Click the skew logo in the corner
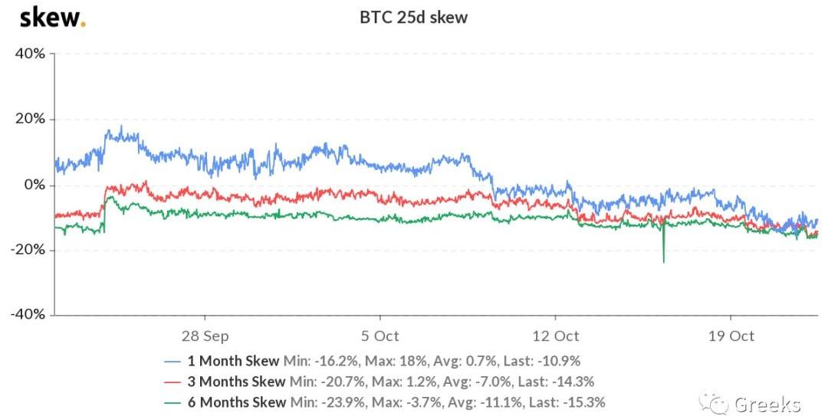pyautogui.click(x=52, y=17)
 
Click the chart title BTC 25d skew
pyautogui.click(x=414, y=17)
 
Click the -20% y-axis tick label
pyautogui.click(x=28, y=251)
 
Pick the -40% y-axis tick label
pyautogui.click(x=28, y=315)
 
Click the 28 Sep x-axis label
pyautogui.click(x=205, y=336)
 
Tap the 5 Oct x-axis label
pyautogui.click(x=379, y=336)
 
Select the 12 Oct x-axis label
pyautogui.click(x=555, y=336)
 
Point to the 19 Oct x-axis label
pyautogui.click(x=731, y=336)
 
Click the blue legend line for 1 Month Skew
pyautogui.click(x=174, y=360)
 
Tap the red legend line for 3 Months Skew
pyautogui.click(x=174, y=381)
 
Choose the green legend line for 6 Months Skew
pyautogui.click(x=174, y=401)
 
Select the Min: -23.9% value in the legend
pyautogui.click(x=324, y=401)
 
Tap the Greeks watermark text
pyautogui.click(x=767, y=404)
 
